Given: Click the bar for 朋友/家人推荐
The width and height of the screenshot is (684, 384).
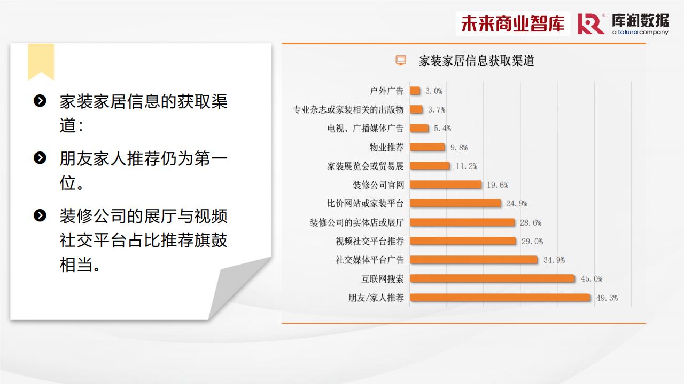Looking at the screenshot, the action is click(x=500, y=298).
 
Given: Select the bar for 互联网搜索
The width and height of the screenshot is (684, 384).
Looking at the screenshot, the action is click(x=492, y=278).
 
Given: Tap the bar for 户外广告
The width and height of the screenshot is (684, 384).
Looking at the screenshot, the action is click(x=415, y=91).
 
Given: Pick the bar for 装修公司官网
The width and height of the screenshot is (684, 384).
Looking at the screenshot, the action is click(x=446, y=185).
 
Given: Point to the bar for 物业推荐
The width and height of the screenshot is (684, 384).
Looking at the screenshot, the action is click(x=428, y=147).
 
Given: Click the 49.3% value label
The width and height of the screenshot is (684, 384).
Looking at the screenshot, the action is click(x=607, y=298).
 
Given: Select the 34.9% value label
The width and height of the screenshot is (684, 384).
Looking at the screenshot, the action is click(x=554, y=260).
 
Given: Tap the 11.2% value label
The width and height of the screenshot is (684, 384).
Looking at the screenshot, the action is click(x=467, y=166).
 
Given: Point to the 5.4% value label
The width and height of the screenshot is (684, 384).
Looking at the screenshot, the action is click(x=442, y=129).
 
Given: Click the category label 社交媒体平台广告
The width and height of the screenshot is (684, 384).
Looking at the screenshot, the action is click(x=370, y=260).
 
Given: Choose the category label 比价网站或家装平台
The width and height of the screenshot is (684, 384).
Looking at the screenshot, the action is click(x=365, y=203).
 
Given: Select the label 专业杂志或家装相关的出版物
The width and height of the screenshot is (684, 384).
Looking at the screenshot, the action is click(x=348, y=109).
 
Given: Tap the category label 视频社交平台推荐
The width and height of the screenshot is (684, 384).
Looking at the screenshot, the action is click(x=370, y=241).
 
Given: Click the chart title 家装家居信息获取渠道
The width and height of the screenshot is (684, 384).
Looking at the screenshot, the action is click(x=476, y=61).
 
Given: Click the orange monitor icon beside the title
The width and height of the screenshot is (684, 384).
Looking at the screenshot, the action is click(x=401, y=60).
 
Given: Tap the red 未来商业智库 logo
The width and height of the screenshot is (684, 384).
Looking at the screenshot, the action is click(x=512, y=23).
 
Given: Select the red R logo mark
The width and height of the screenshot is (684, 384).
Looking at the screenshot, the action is click(x=590, y=24).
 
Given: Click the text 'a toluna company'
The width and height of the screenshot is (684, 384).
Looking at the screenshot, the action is click(x=640, y=32).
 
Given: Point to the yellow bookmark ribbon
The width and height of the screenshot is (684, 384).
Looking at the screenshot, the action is click(x=41, y=62).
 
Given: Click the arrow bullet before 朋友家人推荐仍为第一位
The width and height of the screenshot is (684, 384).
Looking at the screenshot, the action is click(x=40, y=158).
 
